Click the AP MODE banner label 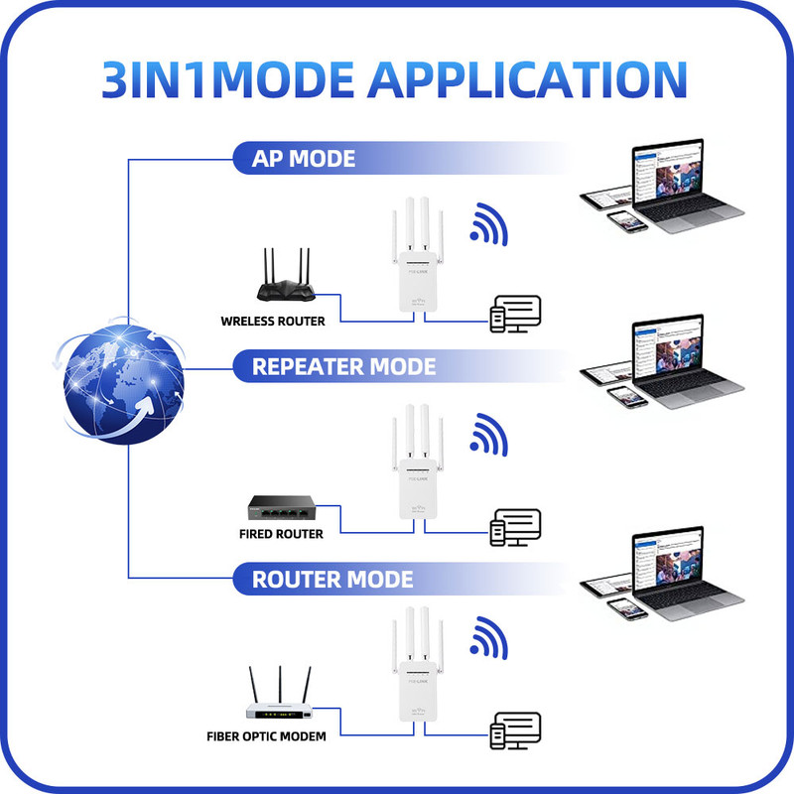303,159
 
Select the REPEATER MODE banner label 343,367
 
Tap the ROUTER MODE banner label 332,579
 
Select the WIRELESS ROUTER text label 273,322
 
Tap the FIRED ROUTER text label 281,534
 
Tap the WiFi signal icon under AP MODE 488,225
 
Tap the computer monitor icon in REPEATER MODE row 516,526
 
